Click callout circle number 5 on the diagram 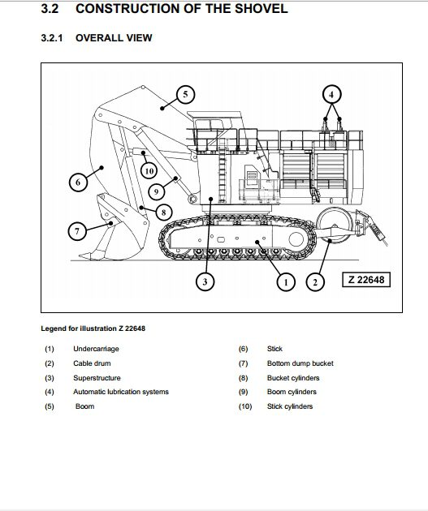(x=184, y=95)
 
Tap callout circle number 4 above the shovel (x=331, y=94)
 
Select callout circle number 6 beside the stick (x=78, y=182)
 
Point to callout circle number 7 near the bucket (x=77, y=231)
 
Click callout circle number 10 (x=148, y=170)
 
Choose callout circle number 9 (x=158, y=191)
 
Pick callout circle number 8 (x=163, y=213)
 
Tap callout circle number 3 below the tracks (x=205, y=281)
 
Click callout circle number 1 (x=285, y=281)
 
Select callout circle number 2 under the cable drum (x=313, y=281)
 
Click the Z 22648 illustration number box (x=365, y=281)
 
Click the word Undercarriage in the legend (x=97, y=349)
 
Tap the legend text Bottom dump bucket (x=300, y=363)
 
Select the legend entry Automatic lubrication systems (x=121, y=392)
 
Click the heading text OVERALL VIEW (x=114, y=38)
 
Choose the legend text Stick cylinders (x=289, y=406)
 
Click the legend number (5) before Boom (x=50, y=406)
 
